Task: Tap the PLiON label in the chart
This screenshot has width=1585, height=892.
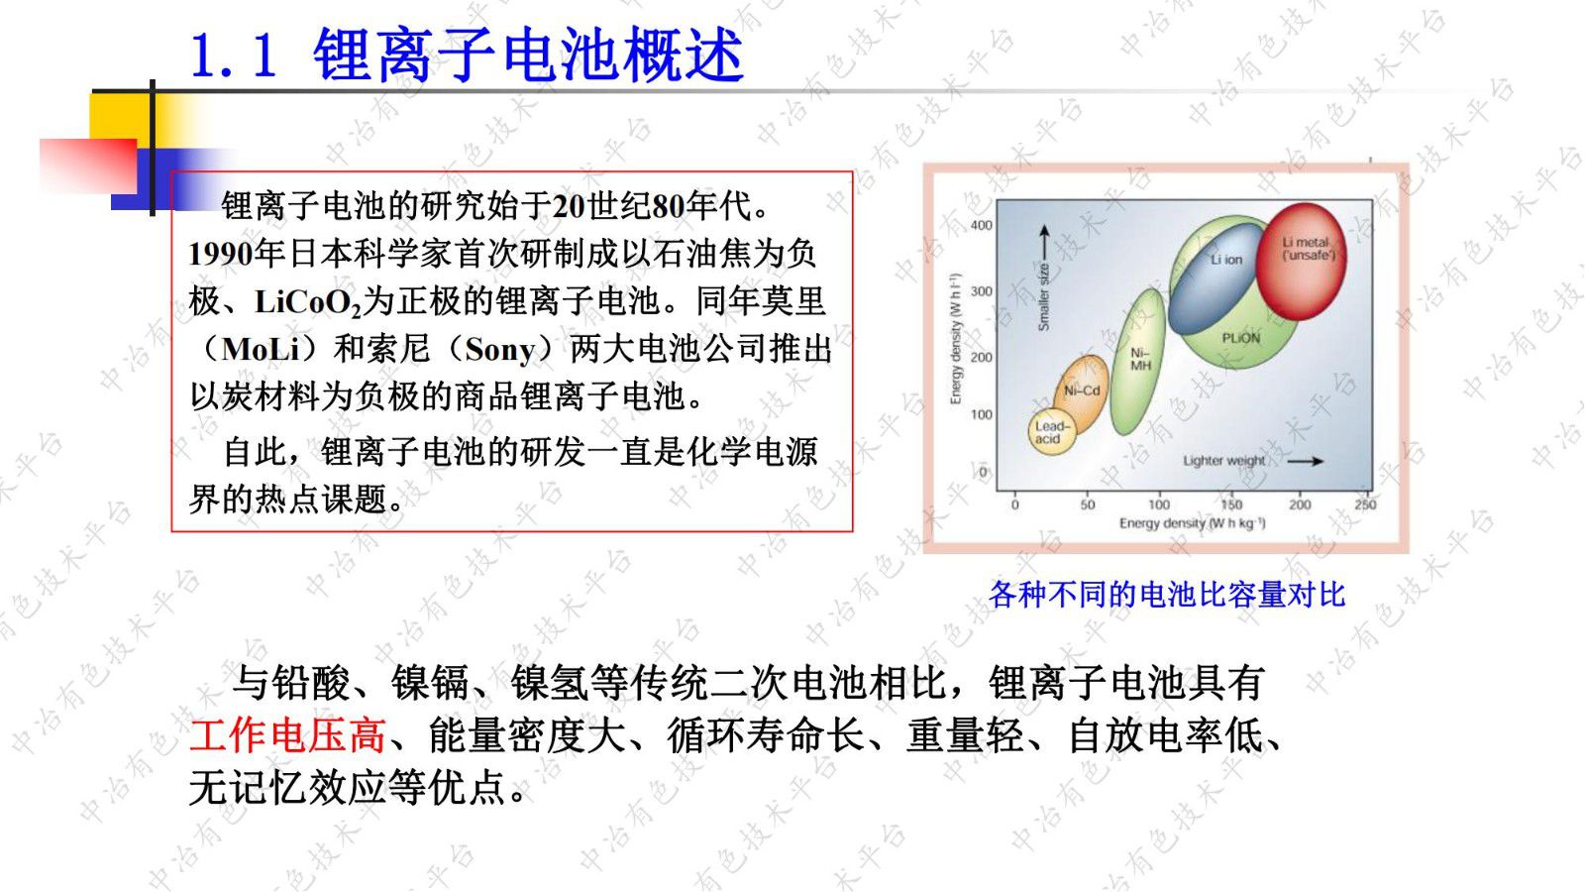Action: [x=1240, y=338]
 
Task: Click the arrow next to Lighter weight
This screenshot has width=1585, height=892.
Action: [x=1305, y=461]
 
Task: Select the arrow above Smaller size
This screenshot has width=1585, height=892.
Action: [x=1043, y=243]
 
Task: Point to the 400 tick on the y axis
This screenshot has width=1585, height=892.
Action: [x=981, y=225]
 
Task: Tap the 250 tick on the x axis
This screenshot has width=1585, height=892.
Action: [x=1365, y=504]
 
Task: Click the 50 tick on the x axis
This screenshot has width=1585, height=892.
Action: [x=1087, y=504]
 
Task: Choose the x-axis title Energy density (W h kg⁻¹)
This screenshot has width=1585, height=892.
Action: [x=1192, y=523]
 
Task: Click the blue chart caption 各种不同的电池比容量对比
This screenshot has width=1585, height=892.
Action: [x=1166, y=595]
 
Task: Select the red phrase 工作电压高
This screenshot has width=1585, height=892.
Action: [x=287, y=735]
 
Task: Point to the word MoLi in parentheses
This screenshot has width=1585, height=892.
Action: [x=261, y=349]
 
